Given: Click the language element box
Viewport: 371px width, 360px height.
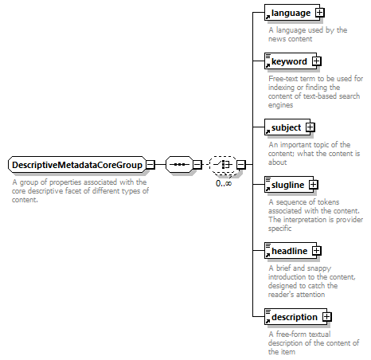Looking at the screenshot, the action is (292, 13).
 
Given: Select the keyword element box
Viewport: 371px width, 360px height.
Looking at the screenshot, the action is (291, 61).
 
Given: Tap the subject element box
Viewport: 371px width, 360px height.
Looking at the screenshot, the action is (287, 127).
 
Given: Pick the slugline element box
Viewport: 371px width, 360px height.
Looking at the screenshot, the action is (289, 184).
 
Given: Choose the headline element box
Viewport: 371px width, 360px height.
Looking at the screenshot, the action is (291, 250).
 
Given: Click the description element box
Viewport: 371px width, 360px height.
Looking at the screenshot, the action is (295, 316).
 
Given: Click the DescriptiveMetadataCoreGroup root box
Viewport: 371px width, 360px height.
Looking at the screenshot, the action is (77, 165).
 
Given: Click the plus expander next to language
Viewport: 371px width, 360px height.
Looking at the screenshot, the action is (320, 13).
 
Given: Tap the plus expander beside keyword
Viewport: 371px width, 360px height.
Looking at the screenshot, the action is (317, 61).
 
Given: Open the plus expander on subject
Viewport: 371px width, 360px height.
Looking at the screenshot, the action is (310, 127).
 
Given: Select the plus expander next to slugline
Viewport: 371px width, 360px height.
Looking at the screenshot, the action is (314, 184).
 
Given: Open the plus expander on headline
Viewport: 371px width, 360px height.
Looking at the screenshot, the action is (317, 250).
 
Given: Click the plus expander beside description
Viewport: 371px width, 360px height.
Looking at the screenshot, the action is (327, 316).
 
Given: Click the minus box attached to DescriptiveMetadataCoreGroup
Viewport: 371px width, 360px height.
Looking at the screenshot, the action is (150, 165).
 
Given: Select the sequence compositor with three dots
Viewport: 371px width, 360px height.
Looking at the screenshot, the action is (179, 165).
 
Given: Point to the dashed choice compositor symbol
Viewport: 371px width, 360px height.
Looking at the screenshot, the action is (223, 165).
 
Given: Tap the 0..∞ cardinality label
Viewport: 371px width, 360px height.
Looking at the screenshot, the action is (224, 183).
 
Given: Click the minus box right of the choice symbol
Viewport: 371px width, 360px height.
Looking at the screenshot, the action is (241, 165).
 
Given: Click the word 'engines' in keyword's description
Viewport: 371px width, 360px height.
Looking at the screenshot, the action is (280, 105).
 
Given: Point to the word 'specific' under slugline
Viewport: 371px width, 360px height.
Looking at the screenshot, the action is (279, 229).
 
